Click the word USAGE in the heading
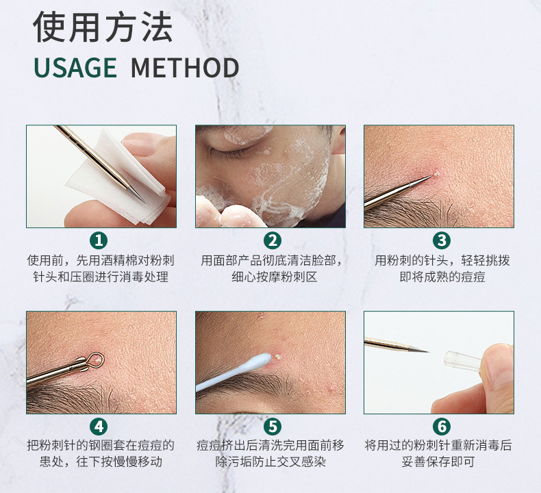75,67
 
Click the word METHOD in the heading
185,67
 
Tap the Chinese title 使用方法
103,27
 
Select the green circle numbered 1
99,240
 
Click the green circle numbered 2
273,240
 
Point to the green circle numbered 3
442,240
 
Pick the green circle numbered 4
99,427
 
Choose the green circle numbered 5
273,427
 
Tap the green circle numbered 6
442,427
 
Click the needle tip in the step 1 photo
146,203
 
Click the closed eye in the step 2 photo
223,149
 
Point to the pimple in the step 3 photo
435,174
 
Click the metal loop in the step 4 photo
95,358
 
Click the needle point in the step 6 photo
428,351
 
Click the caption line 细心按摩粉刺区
275,277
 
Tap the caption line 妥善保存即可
438,462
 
